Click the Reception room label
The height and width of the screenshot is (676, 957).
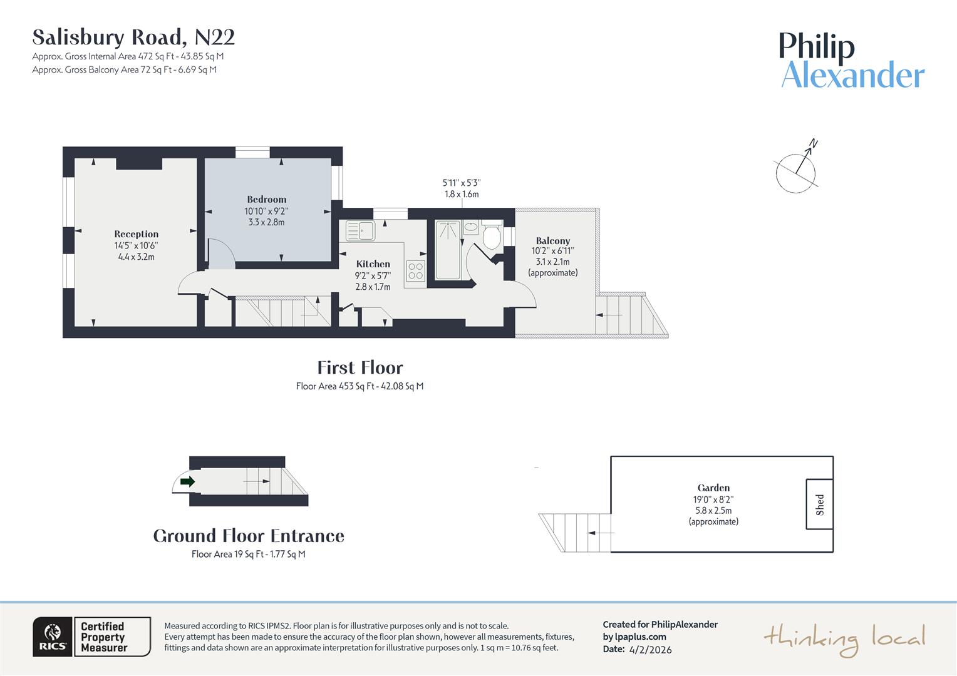point(136,234)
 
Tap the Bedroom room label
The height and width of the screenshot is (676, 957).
point(266,200)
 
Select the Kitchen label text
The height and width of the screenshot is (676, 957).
point(373,264)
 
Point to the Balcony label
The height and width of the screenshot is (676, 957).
point(552,241)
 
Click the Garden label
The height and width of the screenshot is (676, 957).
point(713,488)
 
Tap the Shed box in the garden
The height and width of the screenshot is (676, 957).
point(819,504)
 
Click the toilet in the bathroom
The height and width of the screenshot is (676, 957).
point(492,236)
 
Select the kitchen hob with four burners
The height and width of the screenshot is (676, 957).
point(415,271)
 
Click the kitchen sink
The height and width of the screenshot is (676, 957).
point(360,231)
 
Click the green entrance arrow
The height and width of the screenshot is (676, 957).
point(187,481)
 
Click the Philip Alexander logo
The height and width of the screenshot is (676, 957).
point(851,61)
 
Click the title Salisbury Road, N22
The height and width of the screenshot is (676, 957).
point(133,38)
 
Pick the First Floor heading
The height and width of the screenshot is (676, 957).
point(360,367)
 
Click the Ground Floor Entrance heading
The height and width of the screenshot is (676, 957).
point(249,536)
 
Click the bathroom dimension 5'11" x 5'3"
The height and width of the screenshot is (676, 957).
point(462,183)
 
